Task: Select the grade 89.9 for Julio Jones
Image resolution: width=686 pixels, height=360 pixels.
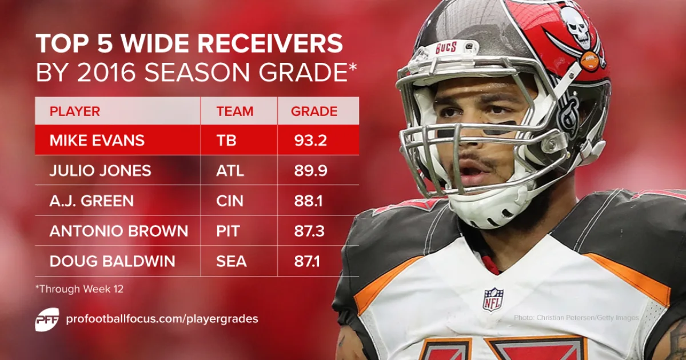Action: pos(309,171)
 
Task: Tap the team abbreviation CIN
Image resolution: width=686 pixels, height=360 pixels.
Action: pos(230,201)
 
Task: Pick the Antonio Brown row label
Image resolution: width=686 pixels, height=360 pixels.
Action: pos(118,231)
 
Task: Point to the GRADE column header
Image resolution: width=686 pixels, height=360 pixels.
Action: pos(314,111)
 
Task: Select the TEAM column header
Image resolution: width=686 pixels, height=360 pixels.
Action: pos(234,111)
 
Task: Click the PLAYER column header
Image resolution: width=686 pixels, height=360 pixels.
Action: pos(75,111)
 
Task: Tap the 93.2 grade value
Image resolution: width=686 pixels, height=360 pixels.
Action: pos(309,141)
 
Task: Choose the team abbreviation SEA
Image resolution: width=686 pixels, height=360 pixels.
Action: pos(232,262)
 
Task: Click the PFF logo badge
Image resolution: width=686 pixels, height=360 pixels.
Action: pos(47,319)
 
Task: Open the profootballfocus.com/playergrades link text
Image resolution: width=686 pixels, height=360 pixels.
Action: pos(162,319)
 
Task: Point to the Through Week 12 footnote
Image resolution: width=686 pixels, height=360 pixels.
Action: pos(79,289)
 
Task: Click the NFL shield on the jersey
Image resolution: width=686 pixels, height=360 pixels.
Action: pos(493,299)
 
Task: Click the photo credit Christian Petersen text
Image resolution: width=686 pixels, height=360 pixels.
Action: pos(576,317)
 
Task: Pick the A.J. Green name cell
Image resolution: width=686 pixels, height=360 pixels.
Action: pos(91,201)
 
